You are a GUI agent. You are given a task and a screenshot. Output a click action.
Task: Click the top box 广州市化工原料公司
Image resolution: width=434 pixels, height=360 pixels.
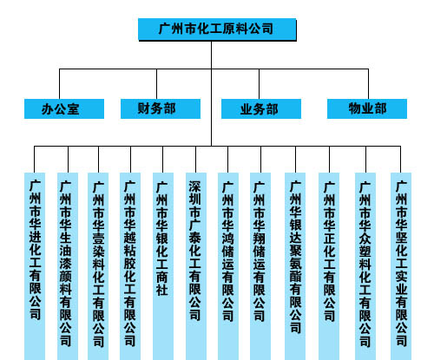(x=217, y=29)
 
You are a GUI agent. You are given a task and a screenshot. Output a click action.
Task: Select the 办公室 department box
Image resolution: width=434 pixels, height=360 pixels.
(x=64, y=108)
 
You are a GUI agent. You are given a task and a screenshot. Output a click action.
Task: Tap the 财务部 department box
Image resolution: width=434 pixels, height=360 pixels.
(x=161, y=108)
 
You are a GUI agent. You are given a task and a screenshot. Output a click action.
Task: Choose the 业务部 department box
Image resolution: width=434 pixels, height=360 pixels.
(x=261, y=108)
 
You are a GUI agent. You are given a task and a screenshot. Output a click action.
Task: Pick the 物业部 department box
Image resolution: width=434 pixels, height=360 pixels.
(x=367, y=108)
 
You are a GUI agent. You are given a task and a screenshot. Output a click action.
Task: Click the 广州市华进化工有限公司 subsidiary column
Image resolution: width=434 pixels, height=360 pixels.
(x=35, y=266)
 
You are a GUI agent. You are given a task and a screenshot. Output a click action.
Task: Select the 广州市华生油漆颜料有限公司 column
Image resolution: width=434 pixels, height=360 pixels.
(x=68, y=266)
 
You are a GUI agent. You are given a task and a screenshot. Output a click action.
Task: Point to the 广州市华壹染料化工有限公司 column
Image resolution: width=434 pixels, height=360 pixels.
(x=98, y=266)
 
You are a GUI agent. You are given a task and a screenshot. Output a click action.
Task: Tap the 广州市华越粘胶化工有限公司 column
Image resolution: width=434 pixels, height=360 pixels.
(x=130, y=266)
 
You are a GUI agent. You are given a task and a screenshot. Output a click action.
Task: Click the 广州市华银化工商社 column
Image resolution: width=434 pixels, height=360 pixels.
(x=163, y=266)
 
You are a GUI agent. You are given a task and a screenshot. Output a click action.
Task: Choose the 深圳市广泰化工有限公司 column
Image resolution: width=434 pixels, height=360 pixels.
(x=196, y=266)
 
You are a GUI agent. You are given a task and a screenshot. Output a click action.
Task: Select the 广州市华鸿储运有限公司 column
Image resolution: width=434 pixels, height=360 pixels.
(x=228, y=266)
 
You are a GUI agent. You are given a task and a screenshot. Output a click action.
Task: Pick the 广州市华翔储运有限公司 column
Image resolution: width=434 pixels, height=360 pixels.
(x=260, y=266)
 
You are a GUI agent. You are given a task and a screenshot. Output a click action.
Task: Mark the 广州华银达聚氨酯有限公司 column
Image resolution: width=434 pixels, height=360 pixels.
(x=295, y=266)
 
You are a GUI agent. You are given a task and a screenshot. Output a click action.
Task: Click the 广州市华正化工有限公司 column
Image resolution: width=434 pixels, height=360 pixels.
(x=329, y=266)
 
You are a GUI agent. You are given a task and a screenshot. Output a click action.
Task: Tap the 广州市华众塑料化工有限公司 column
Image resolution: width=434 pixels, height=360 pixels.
(x=365, y=266)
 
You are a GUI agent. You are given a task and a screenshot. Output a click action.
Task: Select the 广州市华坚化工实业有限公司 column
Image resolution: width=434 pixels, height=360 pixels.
(x=401, y=266)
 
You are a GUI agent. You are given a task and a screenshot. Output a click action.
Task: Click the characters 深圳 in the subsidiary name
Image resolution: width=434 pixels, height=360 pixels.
(x=195, y=193)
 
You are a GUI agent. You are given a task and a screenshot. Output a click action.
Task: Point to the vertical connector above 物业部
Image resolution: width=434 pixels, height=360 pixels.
(x=368, y=84)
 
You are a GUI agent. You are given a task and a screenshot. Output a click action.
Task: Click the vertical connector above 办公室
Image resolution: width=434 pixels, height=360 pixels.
(x=59, y=84)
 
